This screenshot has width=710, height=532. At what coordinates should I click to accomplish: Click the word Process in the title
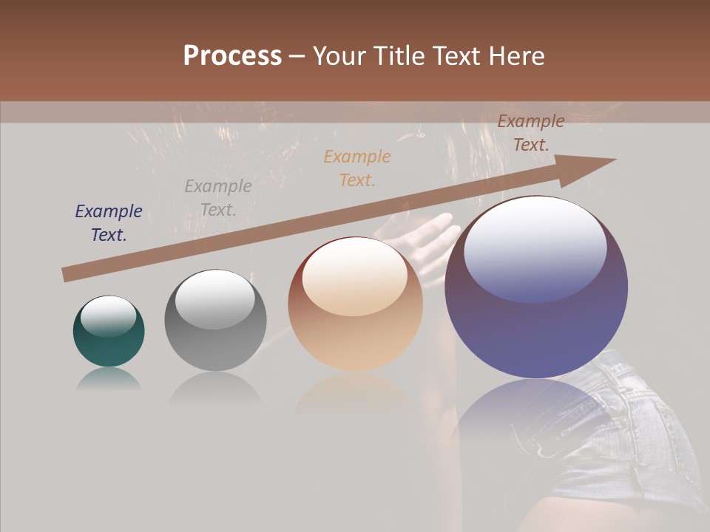tap(232, 56)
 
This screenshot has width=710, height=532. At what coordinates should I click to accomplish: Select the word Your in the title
tap(340, 56)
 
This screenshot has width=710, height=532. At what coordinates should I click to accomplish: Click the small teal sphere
tap(109, 332)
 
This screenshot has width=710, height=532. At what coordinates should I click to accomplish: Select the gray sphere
tap(215, 321)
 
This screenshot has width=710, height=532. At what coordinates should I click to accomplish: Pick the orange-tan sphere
tap(355, 304)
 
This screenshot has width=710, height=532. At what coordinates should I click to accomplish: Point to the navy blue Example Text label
tap(109, 223)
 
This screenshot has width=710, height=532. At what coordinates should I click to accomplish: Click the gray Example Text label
tap(218, 198)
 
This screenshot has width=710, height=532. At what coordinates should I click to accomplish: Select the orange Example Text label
tap(357, 168)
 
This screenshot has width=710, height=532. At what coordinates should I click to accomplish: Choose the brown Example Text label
tap(531, 133)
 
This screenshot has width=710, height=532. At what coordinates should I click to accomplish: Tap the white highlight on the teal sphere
tap(108, 316)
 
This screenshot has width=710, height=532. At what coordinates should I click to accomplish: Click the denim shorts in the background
tap(636, 436)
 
